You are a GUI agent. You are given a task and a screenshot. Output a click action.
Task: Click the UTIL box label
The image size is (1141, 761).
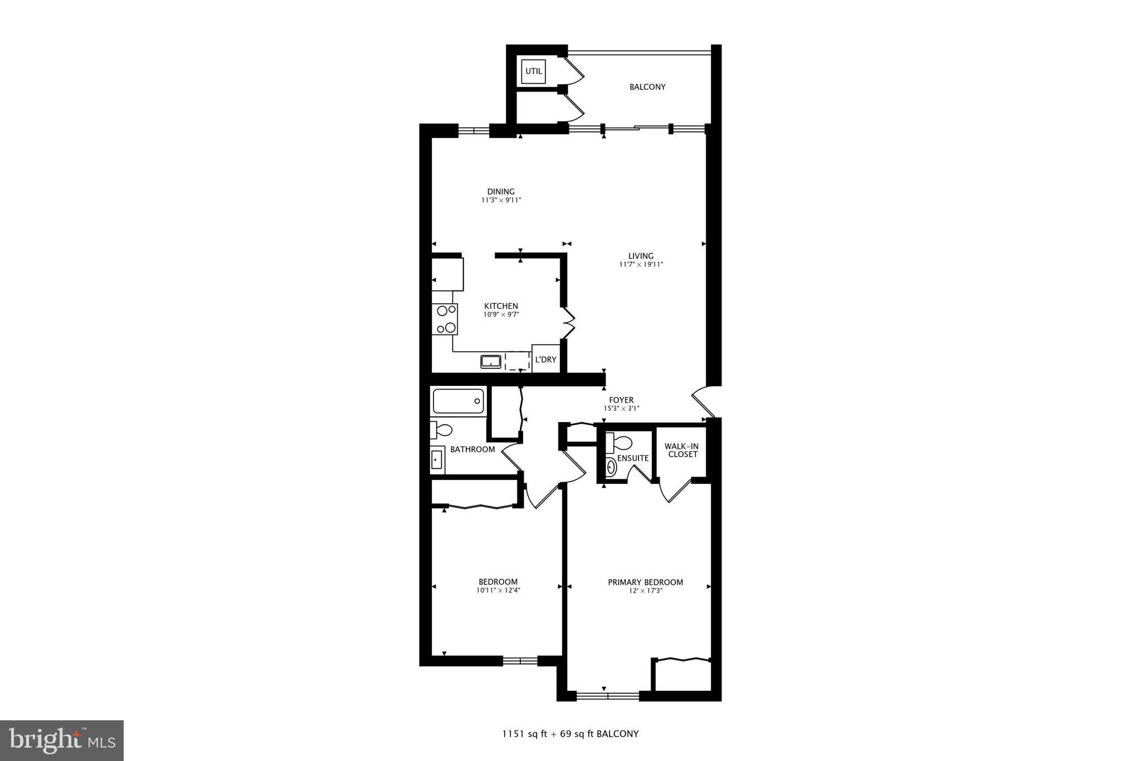pyautogui.click(x=533, y=71)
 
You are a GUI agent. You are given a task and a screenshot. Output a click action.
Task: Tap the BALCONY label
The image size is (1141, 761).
pyautogui.click(x=647, y=87)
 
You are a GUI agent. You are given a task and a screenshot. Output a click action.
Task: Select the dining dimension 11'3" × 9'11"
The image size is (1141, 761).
pyautogui.click(x=501, y=200)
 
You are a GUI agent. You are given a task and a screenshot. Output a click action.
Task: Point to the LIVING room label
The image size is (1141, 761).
pyautogui.click(x=641, y=256)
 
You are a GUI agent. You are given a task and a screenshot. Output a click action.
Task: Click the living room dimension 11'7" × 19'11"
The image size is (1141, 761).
pyautogui.click(x=641, y=265)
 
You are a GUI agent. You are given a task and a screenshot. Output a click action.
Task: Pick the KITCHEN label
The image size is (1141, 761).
pyautogui.click(x=501, y=306)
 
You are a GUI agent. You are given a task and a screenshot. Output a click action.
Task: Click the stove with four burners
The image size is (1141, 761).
pyautogui.click(x=445, y=319)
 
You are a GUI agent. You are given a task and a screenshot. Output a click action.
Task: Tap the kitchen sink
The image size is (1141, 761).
pyautogui.click(x=491, y=361)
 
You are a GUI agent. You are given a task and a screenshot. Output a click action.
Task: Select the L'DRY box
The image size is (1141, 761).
pyautogui.click(x=545, y=360)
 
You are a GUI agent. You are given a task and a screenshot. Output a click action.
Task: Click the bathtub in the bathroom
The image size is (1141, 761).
pyautogui.click(x=458, y=401)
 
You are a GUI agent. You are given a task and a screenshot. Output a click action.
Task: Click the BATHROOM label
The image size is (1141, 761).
pyautogui.click(x=472, y=449)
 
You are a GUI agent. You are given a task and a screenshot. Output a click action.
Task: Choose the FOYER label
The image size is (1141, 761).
pyautogui.click(x=621, y=400)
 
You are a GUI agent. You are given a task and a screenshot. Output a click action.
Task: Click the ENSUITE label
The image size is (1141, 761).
pyautogui.click(x=633, y=458)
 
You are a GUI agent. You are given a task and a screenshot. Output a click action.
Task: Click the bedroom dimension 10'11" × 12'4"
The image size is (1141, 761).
pyautogui.click(x=498, y=590)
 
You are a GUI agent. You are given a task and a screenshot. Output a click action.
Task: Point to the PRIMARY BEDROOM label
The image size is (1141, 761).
pyautogui.click(x=645, y=582)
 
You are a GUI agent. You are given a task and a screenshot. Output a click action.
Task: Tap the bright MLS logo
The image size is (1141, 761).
pyautogui.click(x=62, y=740)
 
